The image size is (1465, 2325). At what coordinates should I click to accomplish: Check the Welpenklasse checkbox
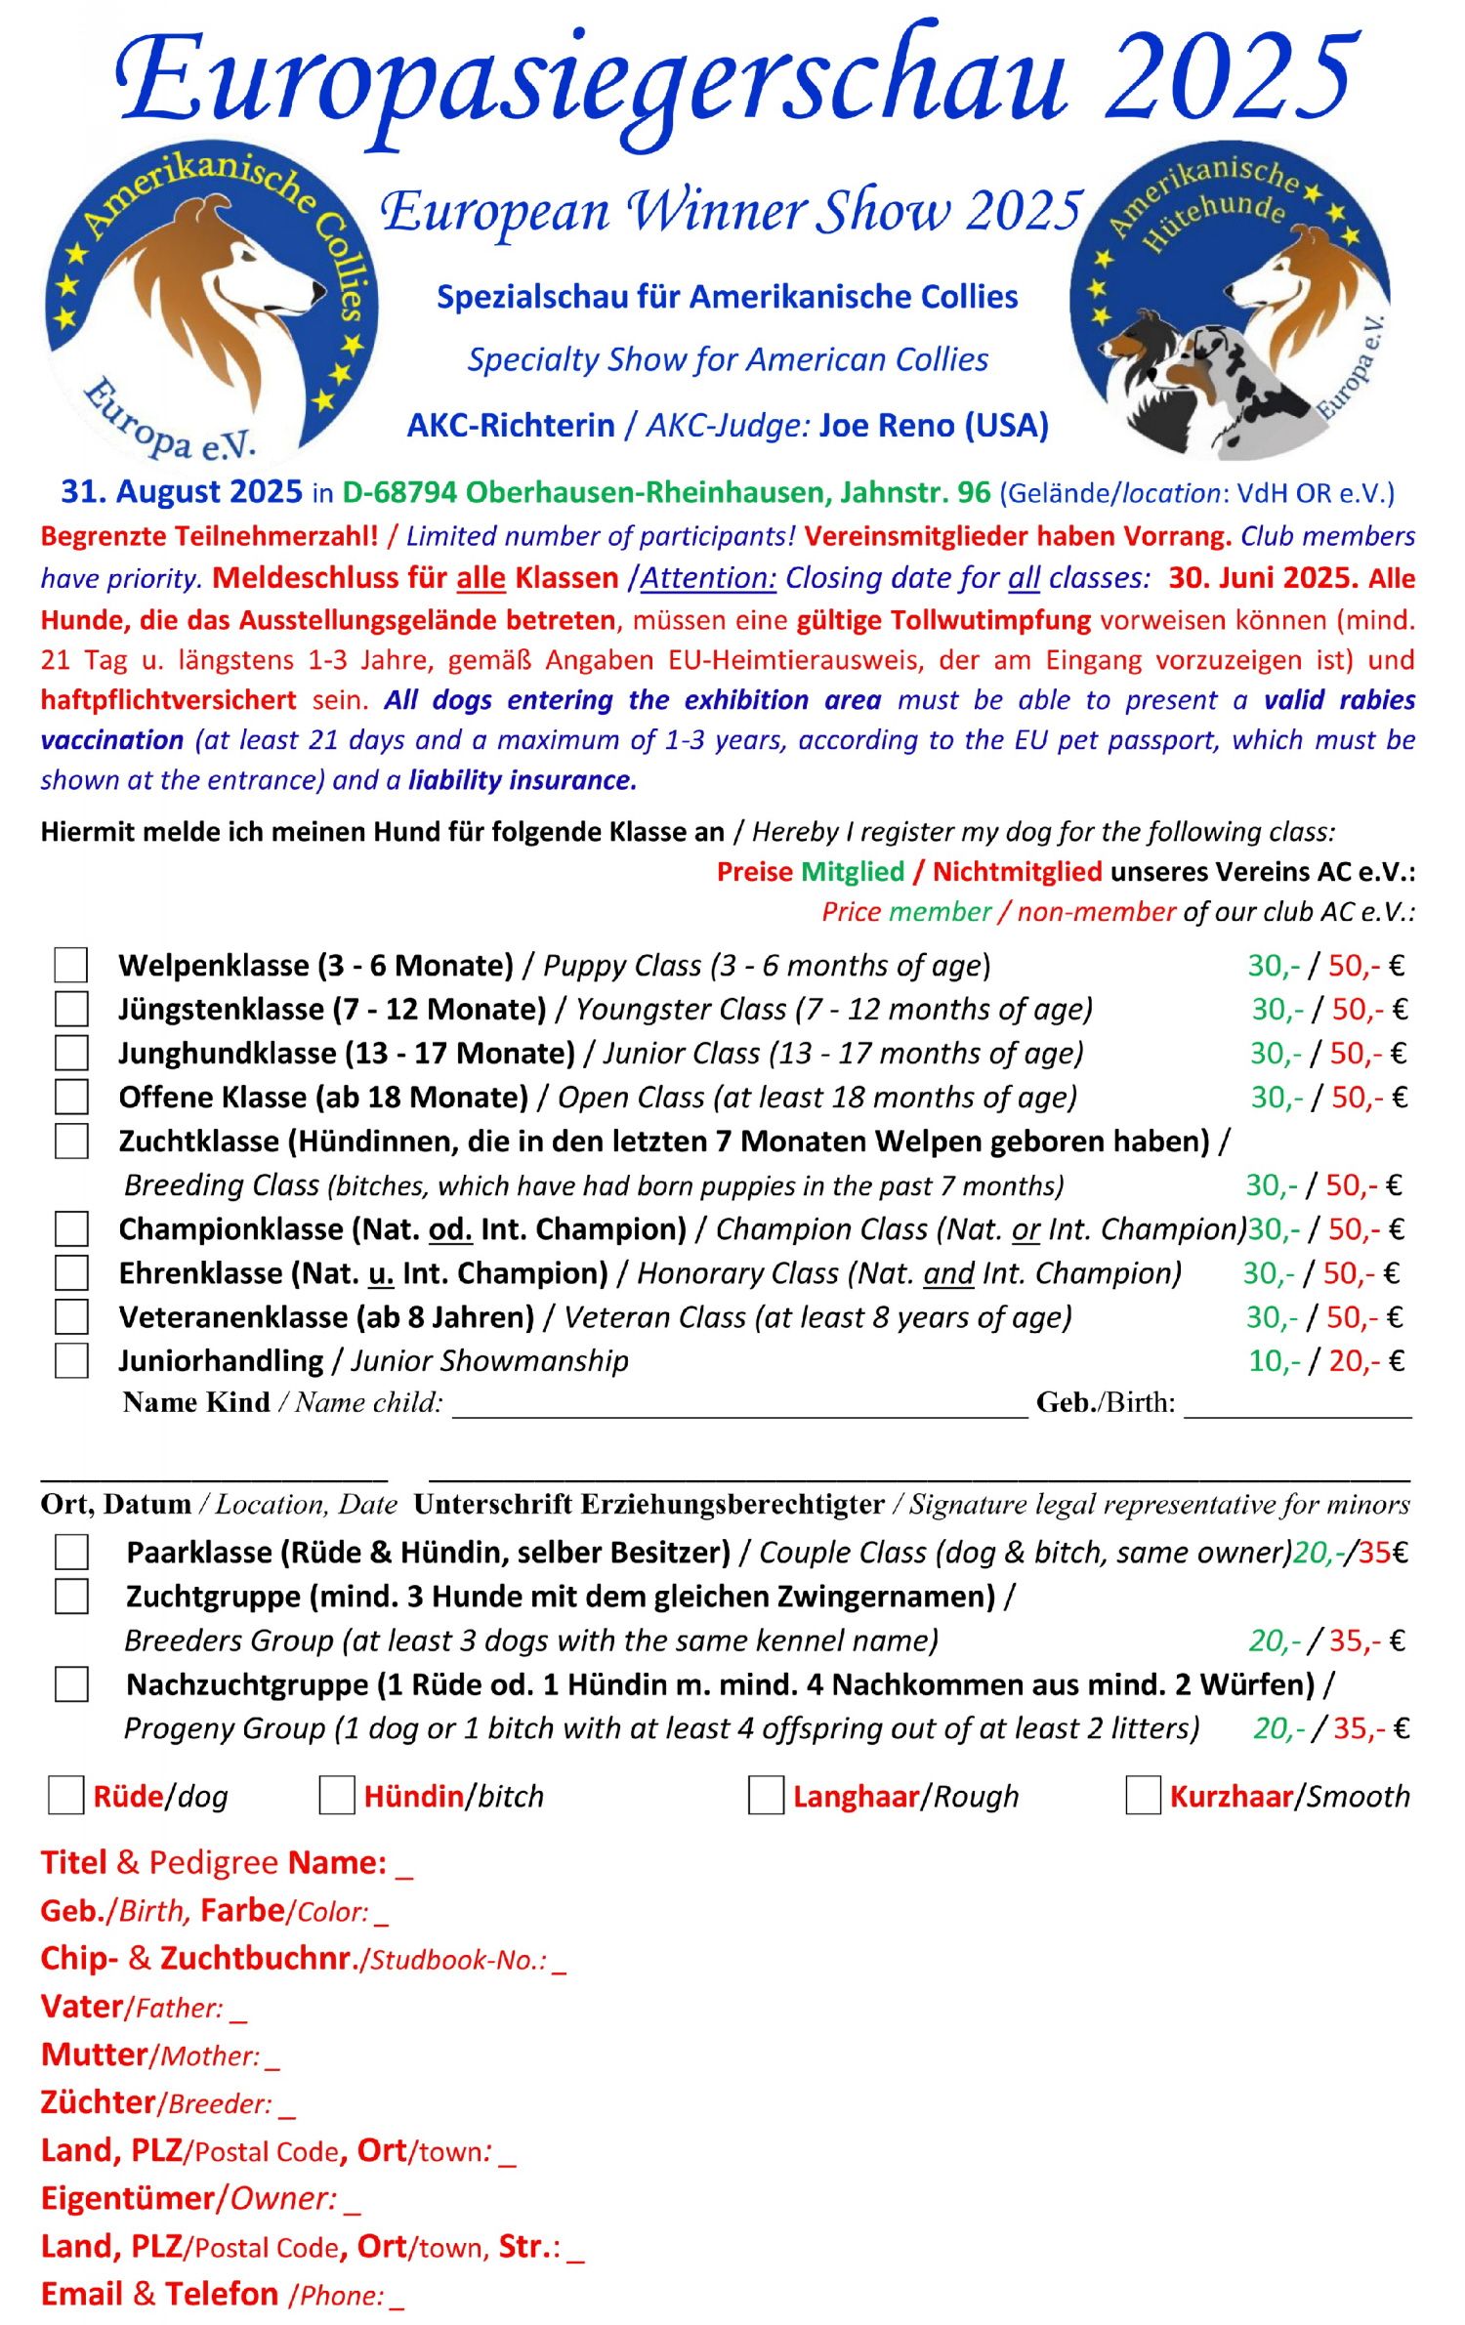pyautogui.click(x=71, y=965)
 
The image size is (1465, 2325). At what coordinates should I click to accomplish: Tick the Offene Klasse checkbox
pyautogui.click(x=71, y=1097)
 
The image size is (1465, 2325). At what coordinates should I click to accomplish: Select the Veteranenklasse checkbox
pyautogui.click(x=71, y=1316)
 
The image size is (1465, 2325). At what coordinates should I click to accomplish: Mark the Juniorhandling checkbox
pyautogui.click(x=71, y=1360)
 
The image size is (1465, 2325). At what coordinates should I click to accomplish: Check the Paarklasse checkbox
pyautogui.click(x=71, y=1552)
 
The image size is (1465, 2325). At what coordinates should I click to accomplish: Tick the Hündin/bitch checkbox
pyautogui.click(x=337, y=1795)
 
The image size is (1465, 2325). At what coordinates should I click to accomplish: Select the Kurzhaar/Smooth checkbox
pyautogui.click(x=1143, y=1795)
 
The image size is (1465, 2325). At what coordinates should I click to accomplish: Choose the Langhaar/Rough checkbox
pyautogui.click(x=766, y=1795)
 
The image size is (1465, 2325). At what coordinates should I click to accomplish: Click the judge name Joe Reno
pyautogui.click(x=934, y=425)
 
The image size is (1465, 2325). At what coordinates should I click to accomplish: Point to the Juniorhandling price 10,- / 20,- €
pyautogui.click(x=1326, y=1360)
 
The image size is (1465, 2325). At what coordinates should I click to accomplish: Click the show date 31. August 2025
pyautogui.click(x=182, y=491)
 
